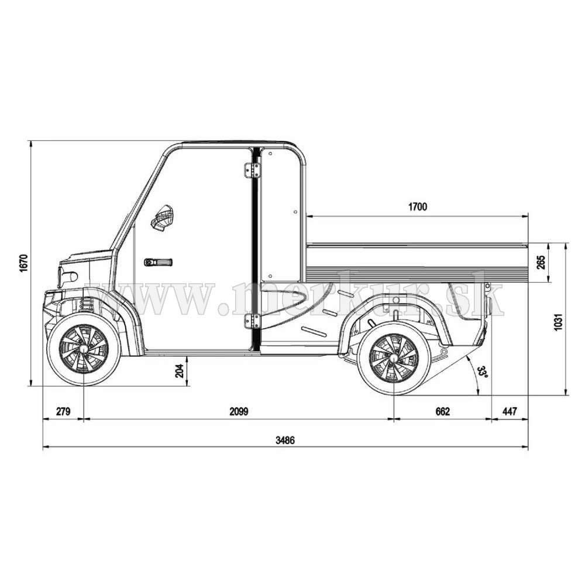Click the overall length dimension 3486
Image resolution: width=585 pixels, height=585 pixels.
(285, 441)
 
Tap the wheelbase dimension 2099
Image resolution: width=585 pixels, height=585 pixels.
(239, 411)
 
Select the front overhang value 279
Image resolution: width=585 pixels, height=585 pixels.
(63, 411)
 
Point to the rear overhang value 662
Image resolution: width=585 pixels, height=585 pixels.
(443, 411)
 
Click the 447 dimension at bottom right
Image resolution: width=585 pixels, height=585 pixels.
(510, 411)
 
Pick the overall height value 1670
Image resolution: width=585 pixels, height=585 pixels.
(24, 263)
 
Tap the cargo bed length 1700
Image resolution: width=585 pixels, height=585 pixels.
(418, 207)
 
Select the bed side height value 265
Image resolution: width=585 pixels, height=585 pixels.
(541, 262)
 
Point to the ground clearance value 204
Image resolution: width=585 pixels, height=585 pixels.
(180, 371)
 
